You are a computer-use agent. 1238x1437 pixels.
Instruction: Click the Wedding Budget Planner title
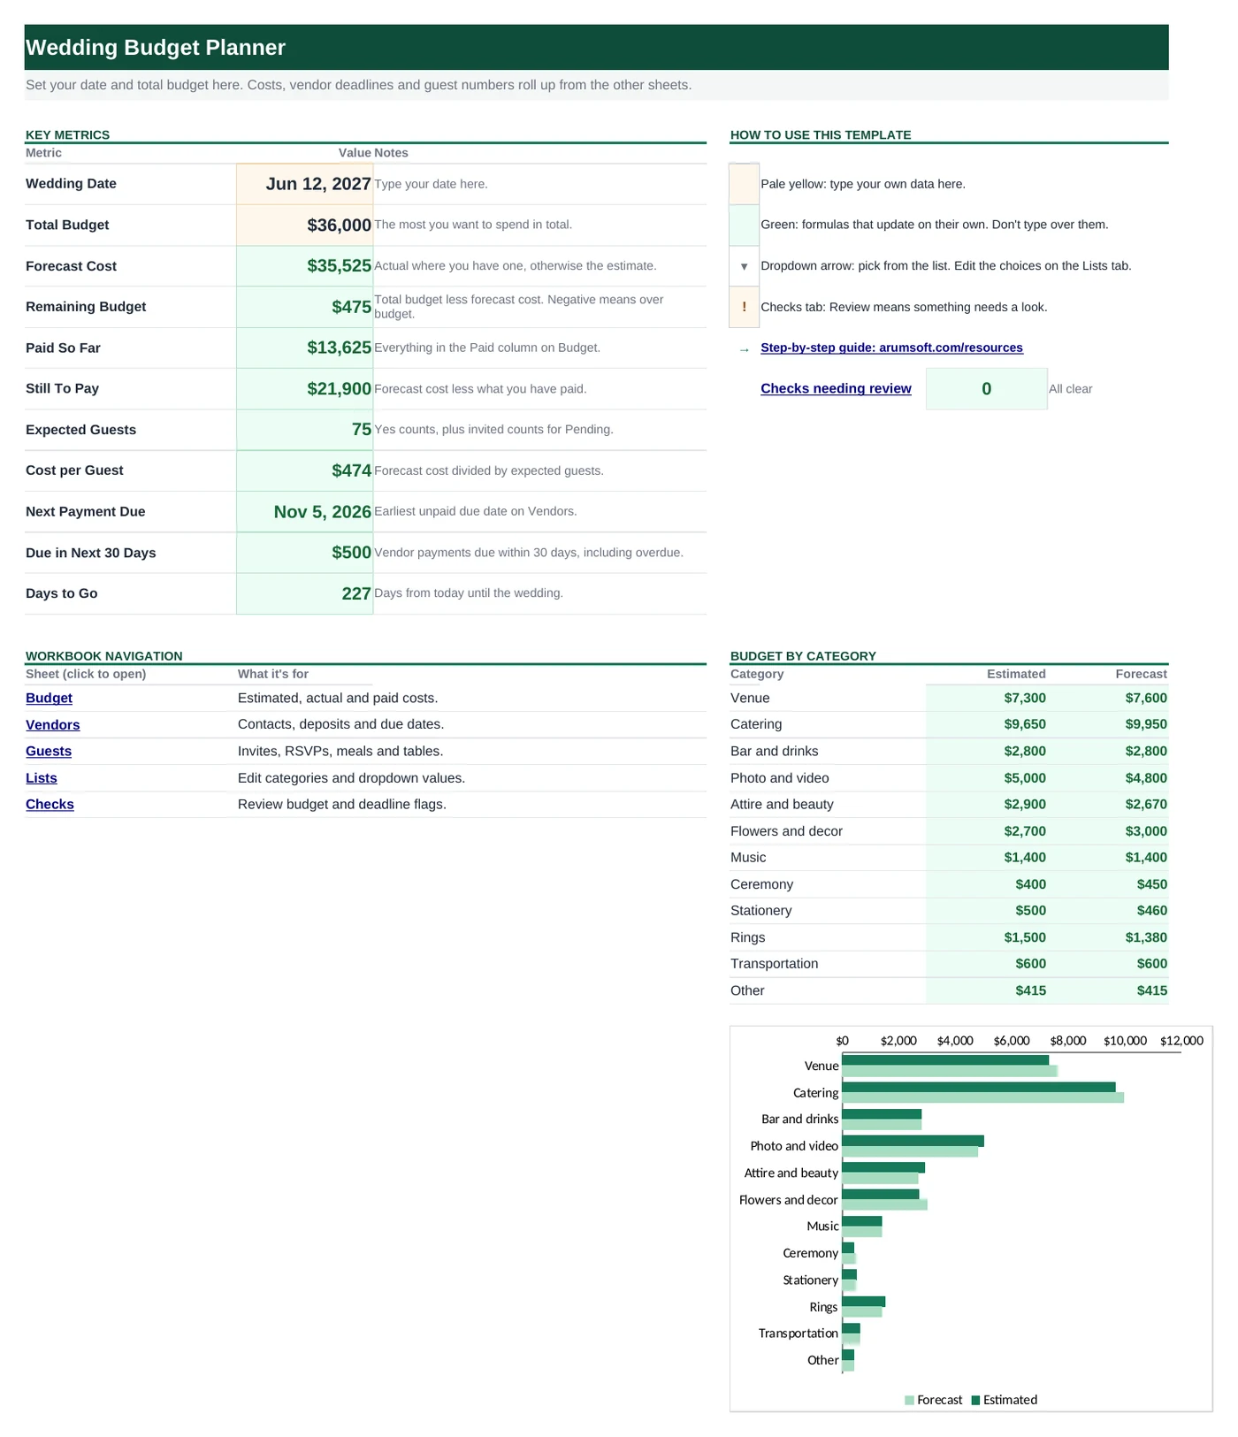156,48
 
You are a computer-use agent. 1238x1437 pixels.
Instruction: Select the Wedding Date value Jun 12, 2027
318,184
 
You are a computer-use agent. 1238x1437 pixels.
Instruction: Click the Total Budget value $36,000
339,225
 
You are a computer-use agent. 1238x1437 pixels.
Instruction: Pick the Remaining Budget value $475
351,307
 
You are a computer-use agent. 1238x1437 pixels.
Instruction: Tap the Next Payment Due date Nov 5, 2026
322,512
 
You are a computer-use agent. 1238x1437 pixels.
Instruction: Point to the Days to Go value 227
356,593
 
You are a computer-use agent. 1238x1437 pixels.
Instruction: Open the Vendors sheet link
53,725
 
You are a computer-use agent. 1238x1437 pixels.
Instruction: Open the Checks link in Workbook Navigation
50,805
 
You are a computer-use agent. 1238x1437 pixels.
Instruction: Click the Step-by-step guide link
891,348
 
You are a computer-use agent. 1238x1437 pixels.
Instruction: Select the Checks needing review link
836,388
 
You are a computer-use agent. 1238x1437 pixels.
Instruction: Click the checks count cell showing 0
987,389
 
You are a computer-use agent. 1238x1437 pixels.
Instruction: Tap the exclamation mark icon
744,307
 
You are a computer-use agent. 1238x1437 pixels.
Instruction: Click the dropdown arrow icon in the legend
744,266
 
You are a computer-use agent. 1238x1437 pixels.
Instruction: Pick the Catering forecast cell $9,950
1146,724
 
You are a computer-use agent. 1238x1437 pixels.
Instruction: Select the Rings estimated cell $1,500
1025,937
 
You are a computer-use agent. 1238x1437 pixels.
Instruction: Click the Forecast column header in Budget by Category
1141,674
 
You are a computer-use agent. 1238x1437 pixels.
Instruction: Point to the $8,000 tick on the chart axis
1068,1041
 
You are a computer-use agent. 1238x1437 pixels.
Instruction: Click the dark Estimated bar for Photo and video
913,1141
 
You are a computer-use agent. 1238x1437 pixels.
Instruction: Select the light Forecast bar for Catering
982,1097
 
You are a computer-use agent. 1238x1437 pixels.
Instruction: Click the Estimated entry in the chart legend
1005,1400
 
